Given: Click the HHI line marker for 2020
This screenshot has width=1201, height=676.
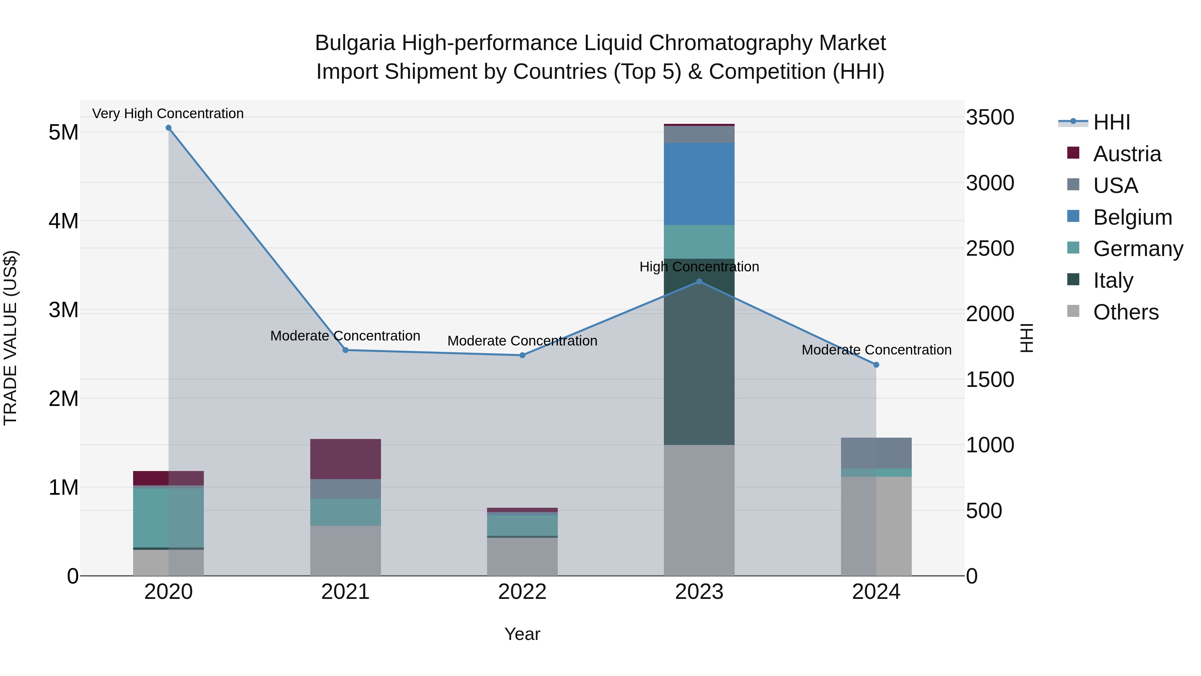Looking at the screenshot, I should (x=168, y=128).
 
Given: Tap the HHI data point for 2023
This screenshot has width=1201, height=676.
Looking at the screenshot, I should (x=699, y=281).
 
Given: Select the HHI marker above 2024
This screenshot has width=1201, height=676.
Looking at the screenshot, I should (x=876, y=365).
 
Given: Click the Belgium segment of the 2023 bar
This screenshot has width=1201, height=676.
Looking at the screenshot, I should (x=699, y=184).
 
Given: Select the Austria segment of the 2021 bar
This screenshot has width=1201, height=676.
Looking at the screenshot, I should (x=346, y=459).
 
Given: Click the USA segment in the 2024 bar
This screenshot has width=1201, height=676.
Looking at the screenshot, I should (x=876, y=453).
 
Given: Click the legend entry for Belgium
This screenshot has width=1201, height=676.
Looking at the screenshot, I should (x=1132, y=217).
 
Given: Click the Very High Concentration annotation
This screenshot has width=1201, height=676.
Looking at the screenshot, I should (x=168, y=114).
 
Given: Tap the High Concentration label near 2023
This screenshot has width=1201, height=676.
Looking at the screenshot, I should (x=699, y=267).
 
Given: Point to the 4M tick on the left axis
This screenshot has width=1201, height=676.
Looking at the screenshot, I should (x=63, y=221).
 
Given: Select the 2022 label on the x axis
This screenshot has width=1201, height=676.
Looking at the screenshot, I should (x=522, y=592).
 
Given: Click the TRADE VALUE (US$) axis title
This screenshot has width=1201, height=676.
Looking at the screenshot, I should (x=10, y=338).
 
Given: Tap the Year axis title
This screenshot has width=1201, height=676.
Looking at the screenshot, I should (x=522, y=634).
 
